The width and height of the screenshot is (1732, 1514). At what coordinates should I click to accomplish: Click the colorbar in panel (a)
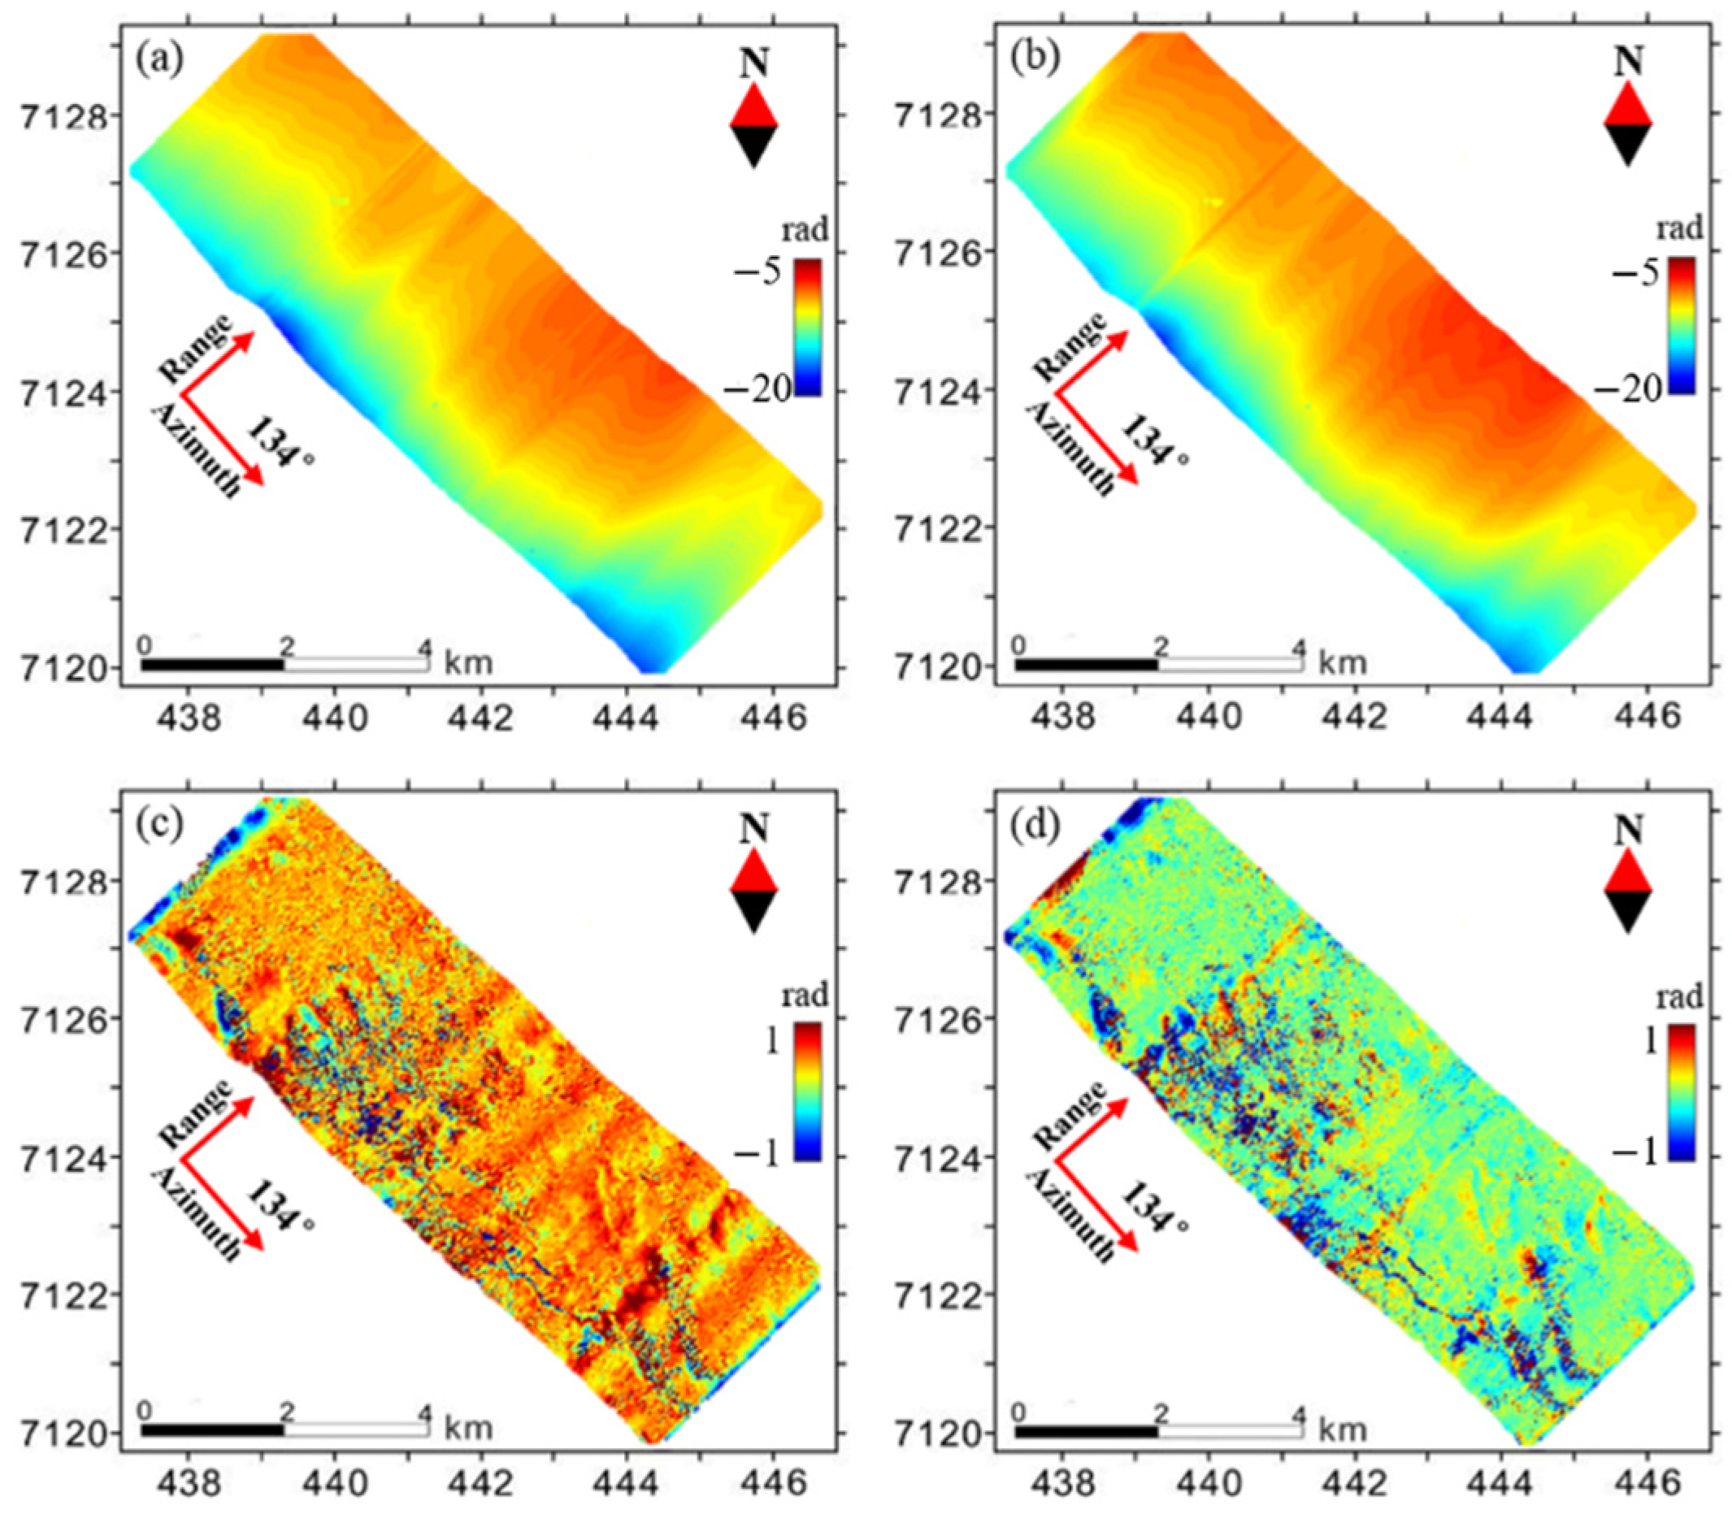pyautogui.click(x=808, y=328)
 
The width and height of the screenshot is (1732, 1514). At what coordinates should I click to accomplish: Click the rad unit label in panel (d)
pyautogui.click(x=1679, y=997)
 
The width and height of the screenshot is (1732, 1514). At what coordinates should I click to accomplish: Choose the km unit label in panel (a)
pyautogui.click(x=468, y=662)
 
